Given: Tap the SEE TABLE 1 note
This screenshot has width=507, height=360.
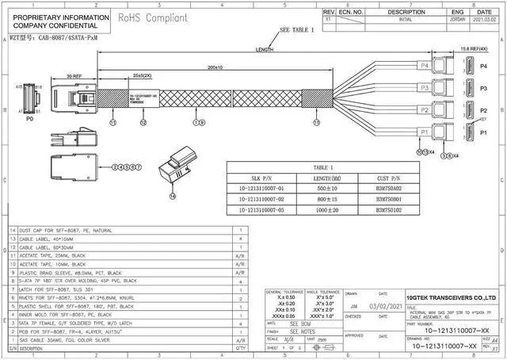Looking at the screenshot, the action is [x=298, y=30].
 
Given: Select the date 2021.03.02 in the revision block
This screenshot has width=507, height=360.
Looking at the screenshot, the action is [x=482, y=21].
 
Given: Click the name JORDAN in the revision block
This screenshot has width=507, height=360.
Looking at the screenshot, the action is [x=458, y=21].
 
